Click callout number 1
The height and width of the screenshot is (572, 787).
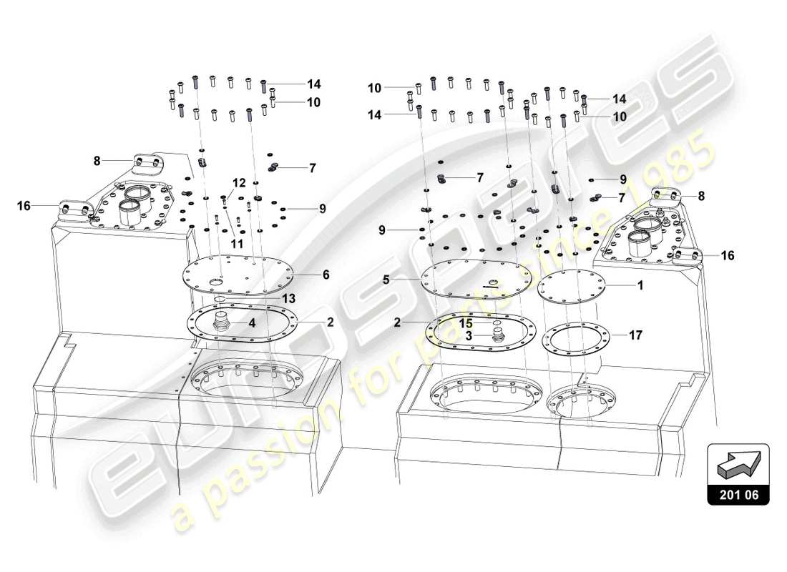coord(641,285)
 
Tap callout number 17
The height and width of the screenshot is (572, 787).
coord(636,334)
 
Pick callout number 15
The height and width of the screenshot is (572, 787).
coord(466,322)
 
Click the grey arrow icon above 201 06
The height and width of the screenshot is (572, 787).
coord(738,465)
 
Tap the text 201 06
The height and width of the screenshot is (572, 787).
coord(738,493)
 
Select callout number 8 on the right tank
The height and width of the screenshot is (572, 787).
coord(702,194)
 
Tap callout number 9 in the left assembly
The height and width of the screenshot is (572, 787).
coord(323,209)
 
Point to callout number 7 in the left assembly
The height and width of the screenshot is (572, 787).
coord(312,168)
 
